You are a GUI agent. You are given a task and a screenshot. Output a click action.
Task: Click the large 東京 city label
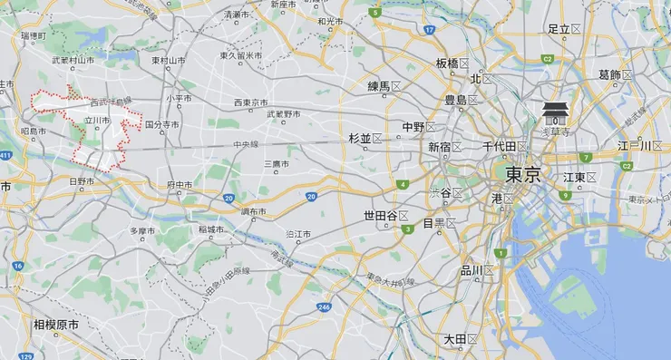(x=523, y=175)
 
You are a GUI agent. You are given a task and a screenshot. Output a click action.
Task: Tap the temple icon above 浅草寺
(x=555, y=113)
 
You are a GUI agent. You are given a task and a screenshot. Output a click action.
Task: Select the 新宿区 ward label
(x=445, y=147)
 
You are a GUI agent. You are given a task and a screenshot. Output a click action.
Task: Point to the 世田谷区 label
(x=385, y=216)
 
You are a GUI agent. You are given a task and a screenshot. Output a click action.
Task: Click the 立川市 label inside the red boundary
(x=97, y=120)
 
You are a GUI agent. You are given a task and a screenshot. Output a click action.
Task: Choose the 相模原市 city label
(x=56, y=324)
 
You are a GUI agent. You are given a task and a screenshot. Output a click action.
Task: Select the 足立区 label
(x=564, y=30)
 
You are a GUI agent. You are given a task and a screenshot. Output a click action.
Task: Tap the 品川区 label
(x=476, y=270)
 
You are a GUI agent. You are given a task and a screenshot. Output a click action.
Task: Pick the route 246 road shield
(x=324, y=307)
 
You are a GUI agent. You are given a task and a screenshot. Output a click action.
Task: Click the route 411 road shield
(x=5, y=155)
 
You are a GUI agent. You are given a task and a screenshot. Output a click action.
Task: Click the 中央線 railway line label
(x=246, y=143)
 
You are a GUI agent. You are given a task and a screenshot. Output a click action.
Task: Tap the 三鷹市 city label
(x=277, y=164)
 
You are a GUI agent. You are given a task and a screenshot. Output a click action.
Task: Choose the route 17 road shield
(x=430, y=30)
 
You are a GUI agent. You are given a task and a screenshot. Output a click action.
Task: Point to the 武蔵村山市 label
(x=73, y=61)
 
